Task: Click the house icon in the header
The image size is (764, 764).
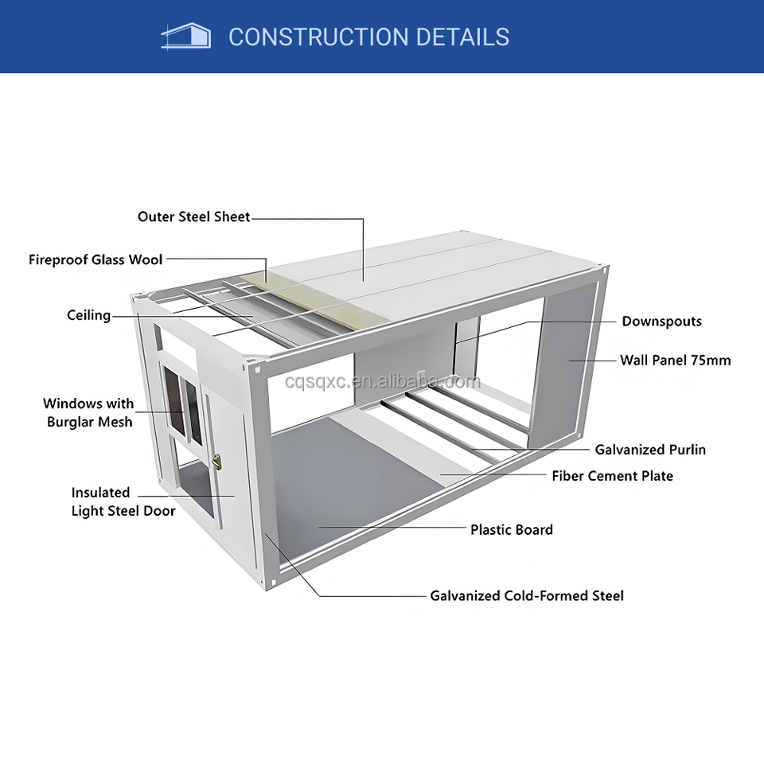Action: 185,36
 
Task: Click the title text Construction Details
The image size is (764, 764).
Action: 368,37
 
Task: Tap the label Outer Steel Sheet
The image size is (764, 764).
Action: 193,216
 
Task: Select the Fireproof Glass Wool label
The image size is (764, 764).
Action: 95,259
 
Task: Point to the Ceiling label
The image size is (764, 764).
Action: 88,315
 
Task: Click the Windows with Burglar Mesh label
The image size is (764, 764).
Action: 88,412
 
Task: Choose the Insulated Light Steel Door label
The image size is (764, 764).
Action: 123,501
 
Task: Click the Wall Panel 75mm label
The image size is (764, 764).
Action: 675,360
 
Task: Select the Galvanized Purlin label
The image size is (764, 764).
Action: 649,450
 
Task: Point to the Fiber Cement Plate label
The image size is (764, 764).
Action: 612,476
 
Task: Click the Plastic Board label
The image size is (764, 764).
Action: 511,529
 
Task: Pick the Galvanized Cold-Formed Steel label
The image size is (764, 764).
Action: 527,595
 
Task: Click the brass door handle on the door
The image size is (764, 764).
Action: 217,460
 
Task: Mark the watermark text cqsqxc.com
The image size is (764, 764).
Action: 383,382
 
